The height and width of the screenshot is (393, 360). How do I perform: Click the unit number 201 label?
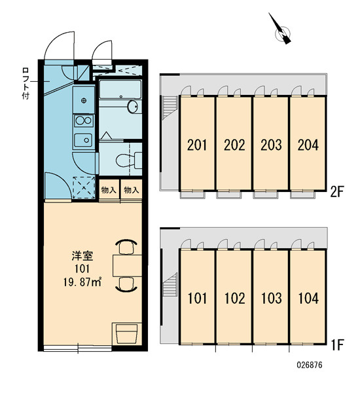(x=197, y=145)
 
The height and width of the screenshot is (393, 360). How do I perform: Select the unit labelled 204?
(x=308, y=143)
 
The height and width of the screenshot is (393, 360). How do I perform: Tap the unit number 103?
(x=272, y=298)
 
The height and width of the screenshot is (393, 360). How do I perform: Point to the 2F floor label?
(x=336, y=192)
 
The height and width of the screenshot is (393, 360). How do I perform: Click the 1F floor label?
(x=338, y=345)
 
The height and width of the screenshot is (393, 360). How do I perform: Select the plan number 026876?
(x=310, y=365)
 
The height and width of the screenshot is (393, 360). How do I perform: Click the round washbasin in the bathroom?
(x=132, y=107)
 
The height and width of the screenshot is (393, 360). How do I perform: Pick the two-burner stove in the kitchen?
(x=84, y=121)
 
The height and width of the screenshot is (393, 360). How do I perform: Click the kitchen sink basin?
(x=83, y=140)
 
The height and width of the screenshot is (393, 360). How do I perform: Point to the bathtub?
(x=120, y=89)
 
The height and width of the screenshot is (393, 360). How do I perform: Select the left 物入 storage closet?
(x=109, y=190)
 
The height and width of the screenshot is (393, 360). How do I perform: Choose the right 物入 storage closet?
(x=132, y=190)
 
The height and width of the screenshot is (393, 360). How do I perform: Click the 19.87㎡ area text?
(x=82, y=282)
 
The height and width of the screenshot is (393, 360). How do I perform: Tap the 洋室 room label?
(x=82, y=256)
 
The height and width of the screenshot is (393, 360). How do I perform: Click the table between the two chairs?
(x=127, y=265)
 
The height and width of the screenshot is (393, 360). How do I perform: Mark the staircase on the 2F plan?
(x=170, y=107)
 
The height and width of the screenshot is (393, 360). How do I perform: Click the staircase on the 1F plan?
(x=170, y=284)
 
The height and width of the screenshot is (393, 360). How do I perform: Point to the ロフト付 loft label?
(x=26, y=83)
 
